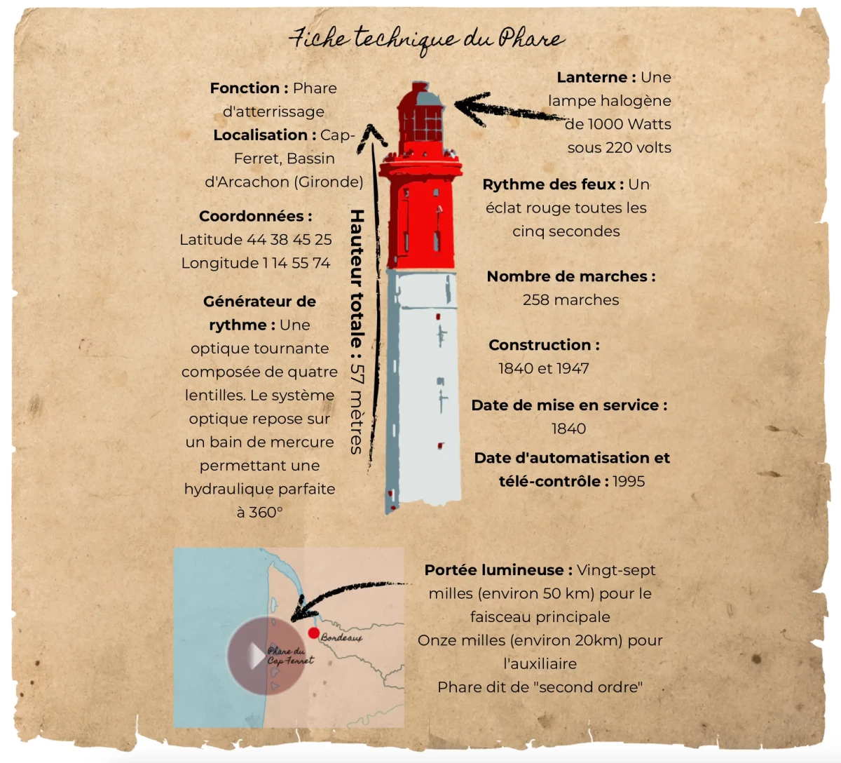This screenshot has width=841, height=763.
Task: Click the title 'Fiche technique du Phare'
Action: (x=426, y=39)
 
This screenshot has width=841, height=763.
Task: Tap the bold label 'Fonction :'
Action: (x=249, y=88)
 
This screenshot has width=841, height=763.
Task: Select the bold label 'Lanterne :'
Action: (x=596, y=77)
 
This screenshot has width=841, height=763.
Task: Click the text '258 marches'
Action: (x=570, y=300)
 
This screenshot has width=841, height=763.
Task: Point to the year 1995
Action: (x=629, y=482)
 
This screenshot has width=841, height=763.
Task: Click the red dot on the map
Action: (x=314, y=633)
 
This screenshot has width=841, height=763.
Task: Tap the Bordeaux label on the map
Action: (x=342, y=638)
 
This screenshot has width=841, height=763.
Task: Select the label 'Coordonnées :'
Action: (x=255, y=216)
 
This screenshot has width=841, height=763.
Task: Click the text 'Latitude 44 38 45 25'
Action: (x=255, y=240)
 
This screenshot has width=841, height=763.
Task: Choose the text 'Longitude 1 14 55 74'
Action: (x=255, y=263)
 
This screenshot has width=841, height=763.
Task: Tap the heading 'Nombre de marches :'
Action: (x=571, y=276)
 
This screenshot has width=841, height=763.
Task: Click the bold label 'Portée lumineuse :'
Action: (x=498, y=570)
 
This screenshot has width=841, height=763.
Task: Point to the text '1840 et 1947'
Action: (x=543, y=368)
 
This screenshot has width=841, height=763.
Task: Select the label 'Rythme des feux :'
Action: (x=553, y=184)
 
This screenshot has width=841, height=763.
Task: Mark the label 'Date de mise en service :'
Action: (x=569, y=405)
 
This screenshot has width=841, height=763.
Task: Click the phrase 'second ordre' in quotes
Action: (x=589, y=687)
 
